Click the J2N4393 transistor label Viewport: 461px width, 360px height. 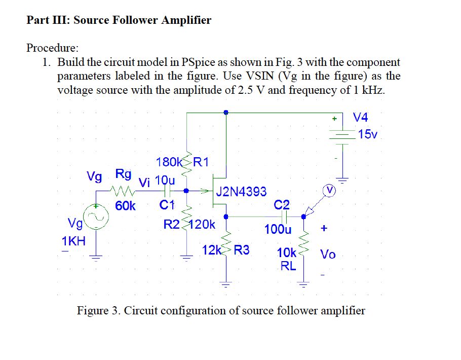click(241, 192)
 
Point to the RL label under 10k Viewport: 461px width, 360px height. click(288, 265)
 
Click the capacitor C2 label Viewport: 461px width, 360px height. click(282, 205)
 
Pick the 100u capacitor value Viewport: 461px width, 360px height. click(278, 229)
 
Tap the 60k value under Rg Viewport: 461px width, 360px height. click(125, 206)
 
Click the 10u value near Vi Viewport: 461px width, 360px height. click(165, 180)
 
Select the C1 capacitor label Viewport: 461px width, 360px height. click(167, 205)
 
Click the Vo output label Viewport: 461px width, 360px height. click(327, 254)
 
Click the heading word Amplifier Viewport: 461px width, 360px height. click(185, 20)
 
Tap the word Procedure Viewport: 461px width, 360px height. click(52, 48)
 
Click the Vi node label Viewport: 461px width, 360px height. click(144, 183)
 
